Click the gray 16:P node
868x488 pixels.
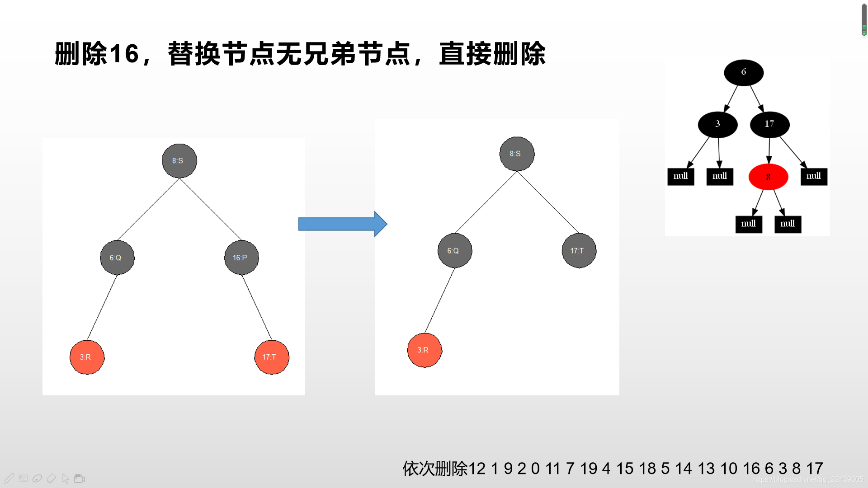pyautogui.click(x=241, y=258)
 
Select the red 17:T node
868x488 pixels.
pyautogui.click(x=272, y=357)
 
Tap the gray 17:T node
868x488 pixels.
pyautogui.click(x=579, y=250)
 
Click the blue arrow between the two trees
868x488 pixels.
pyautogui.click(x=342, y=224)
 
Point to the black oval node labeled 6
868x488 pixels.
pyautogui.click(x=744, y=72)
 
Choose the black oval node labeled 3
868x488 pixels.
pyautogui.click(x=717, y=124)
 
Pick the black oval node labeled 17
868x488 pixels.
pyautogui.click(x=769, y=124)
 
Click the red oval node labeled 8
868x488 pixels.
pyautogui.click(x=768, y=177)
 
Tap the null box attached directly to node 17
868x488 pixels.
pyautogui.click(x=814, y=176)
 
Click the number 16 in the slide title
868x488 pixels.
pyautogui.click(x=124, y=54)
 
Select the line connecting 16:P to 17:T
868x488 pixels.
pyautogui.click(x=257, y=307)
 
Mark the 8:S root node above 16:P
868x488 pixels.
pyautogui.click(x=179, y=161)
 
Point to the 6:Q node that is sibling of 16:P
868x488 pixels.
pyautogui.click(x=117, y=258)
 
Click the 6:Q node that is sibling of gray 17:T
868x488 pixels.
pyautogui.click(x=455, y=250)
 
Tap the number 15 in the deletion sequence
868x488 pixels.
pyautogui.click(x=625, y=469)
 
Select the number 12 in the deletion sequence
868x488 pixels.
pyautogui.click(x=477, y=469)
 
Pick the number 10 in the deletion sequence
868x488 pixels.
pyautogui.click(x=729, y=469)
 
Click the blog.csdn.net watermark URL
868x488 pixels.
pyautogui.click(x=808, y=479)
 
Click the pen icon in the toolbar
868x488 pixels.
pyautogui.click(x=9, y=478)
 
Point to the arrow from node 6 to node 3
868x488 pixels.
pyautogui.click(x=731, y=98)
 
